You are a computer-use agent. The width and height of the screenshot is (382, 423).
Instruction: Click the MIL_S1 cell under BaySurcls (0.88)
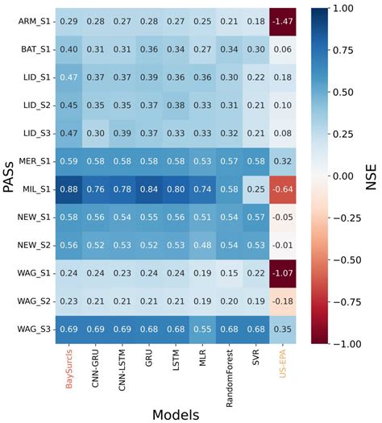72,189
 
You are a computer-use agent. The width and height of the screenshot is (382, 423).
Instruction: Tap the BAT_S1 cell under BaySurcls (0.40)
72,49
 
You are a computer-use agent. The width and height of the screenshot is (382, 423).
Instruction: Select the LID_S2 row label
38,105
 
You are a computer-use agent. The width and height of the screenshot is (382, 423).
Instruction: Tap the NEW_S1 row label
36,217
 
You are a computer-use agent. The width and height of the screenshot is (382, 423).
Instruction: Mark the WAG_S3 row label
36,328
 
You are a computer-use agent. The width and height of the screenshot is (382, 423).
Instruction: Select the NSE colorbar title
372,176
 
